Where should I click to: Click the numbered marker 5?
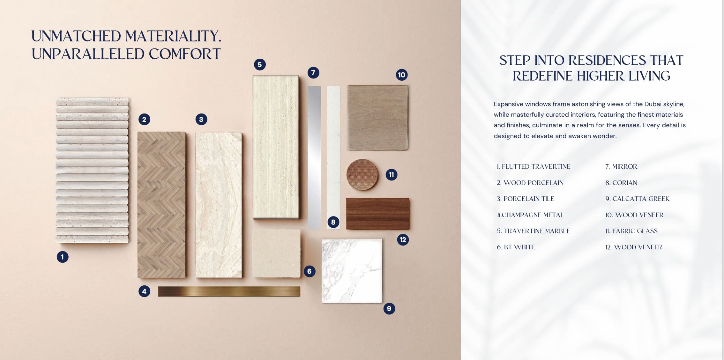click(x=260, y=65)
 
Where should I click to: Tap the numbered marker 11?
click(x=392, y=175)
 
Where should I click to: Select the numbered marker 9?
click(x=389, y=309)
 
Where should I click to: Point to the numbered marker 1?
click(x=63, y=257)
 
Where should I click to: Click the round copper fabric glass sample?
click(x=362, y=175)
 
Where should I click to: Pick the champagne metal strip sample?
click(x=229, y=291)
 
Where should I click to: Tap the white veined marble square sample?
click(x=352, y=271)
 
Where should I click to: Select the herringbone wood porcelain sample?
click(x=161, y=205)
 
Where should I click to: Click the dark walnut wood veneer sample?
click(x=378, y=214)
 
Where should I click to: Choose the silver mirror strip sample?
click(x=314, y=158)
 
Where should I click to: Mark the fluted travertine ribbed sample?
click(x=92, y=170)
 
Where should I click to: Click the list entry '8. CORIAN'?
click(x=621, y=183)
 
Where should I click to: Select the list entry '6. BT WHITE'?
click(x=516, y=247)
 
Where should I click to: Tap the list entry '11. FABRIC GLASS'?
click(x=631, y=231)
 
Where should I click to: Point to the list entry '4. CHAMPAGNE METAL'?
click(x=530, y=215)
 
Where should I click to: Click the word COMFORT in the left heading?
click(x=185, y=54)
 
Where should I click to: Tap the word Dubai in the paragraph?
click(x=653, y=104)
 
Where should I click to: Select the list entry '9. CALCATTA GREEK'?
click(x=637, y=199)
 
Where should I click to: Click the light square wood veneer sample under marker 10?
click(x=377, y=117)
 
